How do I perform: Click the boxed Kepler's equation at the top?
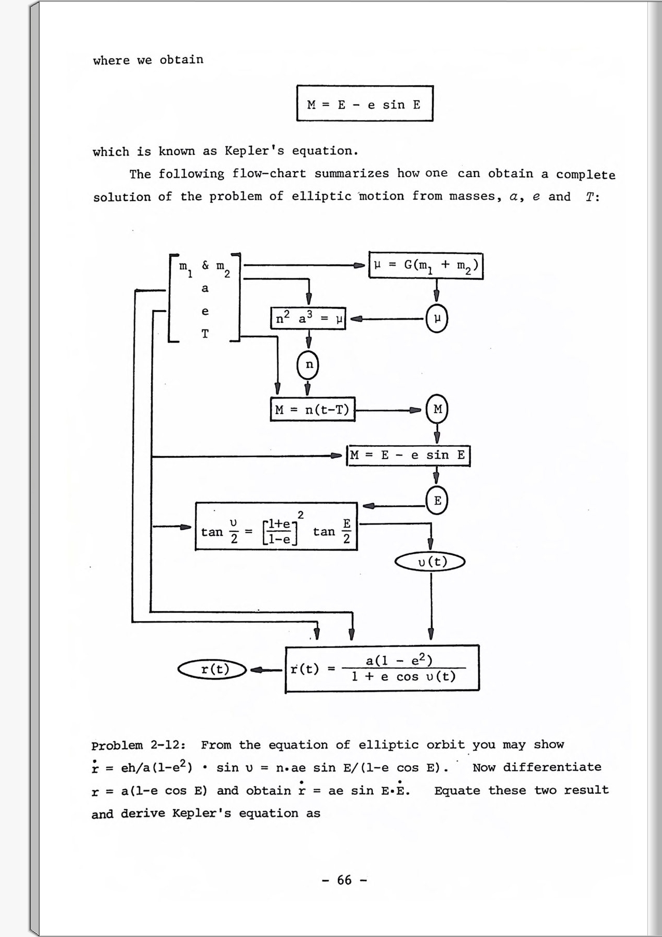(364, 104)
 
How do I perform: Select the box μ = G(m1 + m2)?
(426, 265)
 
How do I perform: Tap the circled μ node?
(437, 319)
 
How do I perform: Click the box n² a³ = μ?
(308, 319)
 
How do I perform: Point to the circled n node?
(308, 365)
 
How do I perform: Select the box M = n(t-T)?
(313, 410)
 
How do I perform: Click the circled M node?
(437, 409)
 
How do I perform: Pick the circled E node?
(437, 500)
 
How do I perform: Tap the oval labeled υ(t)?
(430, 562)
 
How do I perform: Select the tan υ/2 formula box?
(276, 526)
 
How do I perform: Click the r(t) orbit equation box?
(382, 668)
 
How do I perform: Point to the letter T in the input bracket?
(205, 334)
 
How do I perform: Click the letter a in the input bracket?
(205, 288)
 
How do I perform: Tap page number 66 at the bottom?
(344, 880)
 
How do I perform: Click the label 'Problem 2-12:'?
(139, 746)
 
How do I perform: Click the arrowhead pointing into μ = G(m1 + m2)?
(360, 265)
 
